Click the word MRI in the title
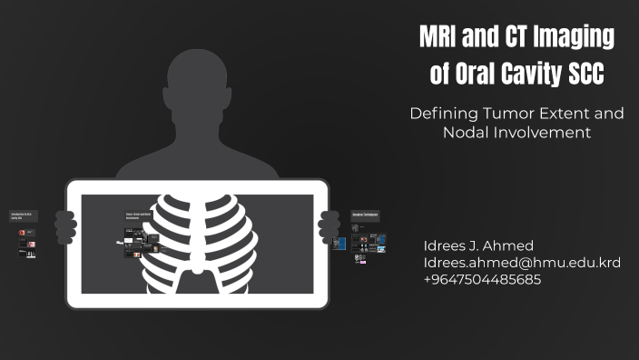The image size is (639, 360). (x=441, y=37)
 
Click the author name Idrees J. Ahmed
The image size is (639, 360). (x=478, y=246)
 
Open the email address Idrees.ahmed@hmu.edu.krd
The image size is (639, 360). (x=522, y=263)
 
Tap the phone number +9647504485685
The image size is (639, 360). (x=482, y=279)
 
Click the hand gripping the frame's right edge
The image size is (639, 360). (x=329, y=224)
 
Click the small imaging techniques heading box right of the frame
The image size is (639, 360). (x=366, y=215)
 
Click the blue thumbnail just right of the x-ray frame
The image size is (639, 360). (x=380, y=243)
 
